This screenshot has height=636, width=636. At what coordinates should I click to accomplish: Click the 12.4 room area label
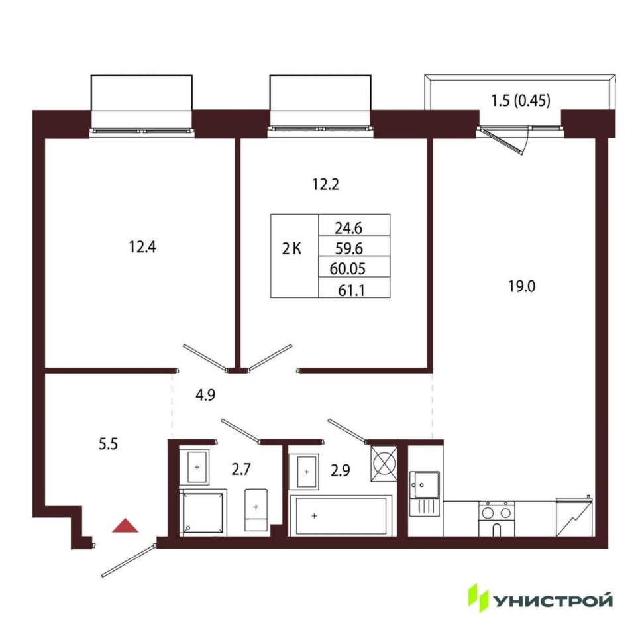(x=142, y=247)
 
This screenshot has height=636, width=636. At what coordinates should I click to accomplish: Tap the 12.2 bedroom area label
(x=325, y=185)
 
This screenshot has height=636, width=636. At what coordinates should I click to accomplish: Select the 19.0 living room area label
(x=521, y=286)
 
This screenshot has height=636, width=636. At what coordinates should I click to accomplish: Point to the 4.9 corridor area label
(x=205, y=395)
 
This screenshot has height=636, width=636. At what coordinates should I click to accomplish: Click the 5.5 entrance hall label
(x=108, y=444)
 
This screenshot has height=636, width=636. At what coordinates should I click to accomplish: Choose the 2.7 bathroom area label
(x=241, y=469)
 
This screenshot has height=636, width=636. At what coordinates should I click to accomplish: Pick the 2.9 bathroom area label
(x=340, y=470)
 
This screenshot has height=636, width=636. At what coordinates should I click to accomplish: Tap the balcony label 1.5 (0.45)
(x=521, y=100)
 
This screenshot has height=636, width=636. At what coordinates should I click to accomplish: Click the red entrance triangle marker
(x=125, y=525)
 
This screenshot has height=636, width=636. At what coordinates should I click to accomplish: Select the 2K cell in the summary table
(x=291, y=248)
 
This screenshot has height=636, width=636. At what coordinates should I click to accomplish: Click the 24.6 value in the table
(x=348, y=229)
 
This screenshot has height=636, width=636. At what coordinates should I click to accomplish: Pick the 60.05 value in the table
(x=348, y=268)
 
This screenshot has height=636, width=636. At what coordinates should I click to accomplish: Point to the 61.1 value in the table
(x=351, y=290)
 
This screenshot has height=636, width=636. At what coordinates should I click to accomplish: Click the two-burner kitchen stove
(x=496, y=519)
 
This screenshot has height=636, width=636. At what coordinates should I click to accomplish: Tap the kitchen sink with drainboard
(x=424, y=494)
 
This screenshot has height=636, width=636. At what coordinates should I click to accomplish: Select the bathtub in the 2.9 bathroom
(x=341, y=515)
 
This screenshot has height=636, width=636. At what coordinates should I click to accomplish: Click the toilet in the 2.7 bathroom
(x=256, y=510)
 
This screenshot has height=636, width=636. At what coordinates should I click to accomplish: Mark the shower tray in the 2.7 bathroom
(x=203, y=513)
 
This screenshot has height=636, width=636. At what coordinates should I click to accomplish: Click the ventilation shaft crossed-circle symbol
(x=384, y=464)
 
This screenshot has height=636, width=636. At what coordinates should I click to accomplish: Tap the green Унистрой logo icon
(x=478, y=598)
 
